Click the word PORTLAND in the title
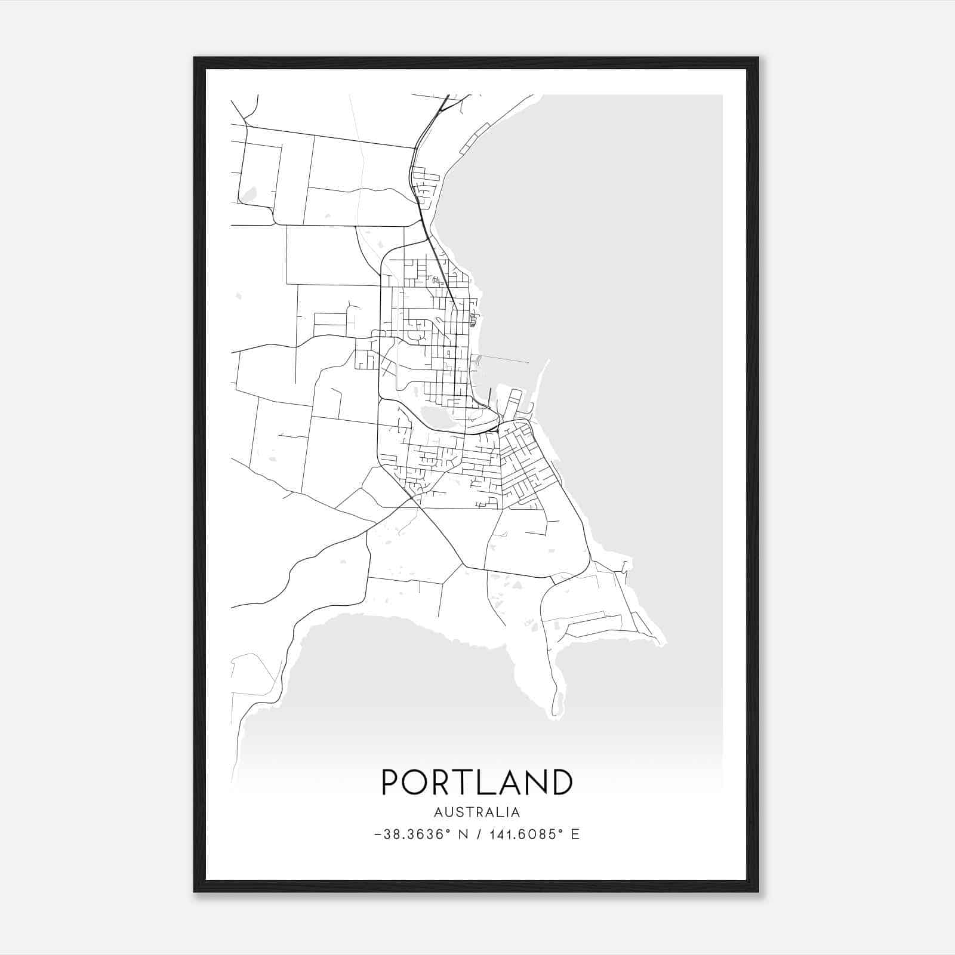pyautogui.click(x=477, y=782)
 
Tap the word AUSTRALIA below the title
pyautogui.click(x=477, y=812)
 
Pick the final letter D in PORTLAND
pyautogui.click(x=562, y=782)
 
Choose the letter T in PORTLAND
pyautogui.click(x=467, y=782)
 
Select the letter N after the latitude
pyautogui.click(x=463, y=834)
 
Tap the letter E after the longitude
pyautogui.click(x=575, y=834)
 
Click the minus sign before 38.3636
pyautogui.click(x=378, y=834)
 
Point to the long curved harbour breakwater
pyautogui.click(x=541, y=382)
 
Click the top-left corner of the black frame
pyautogui.click(x=195, y=58)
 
